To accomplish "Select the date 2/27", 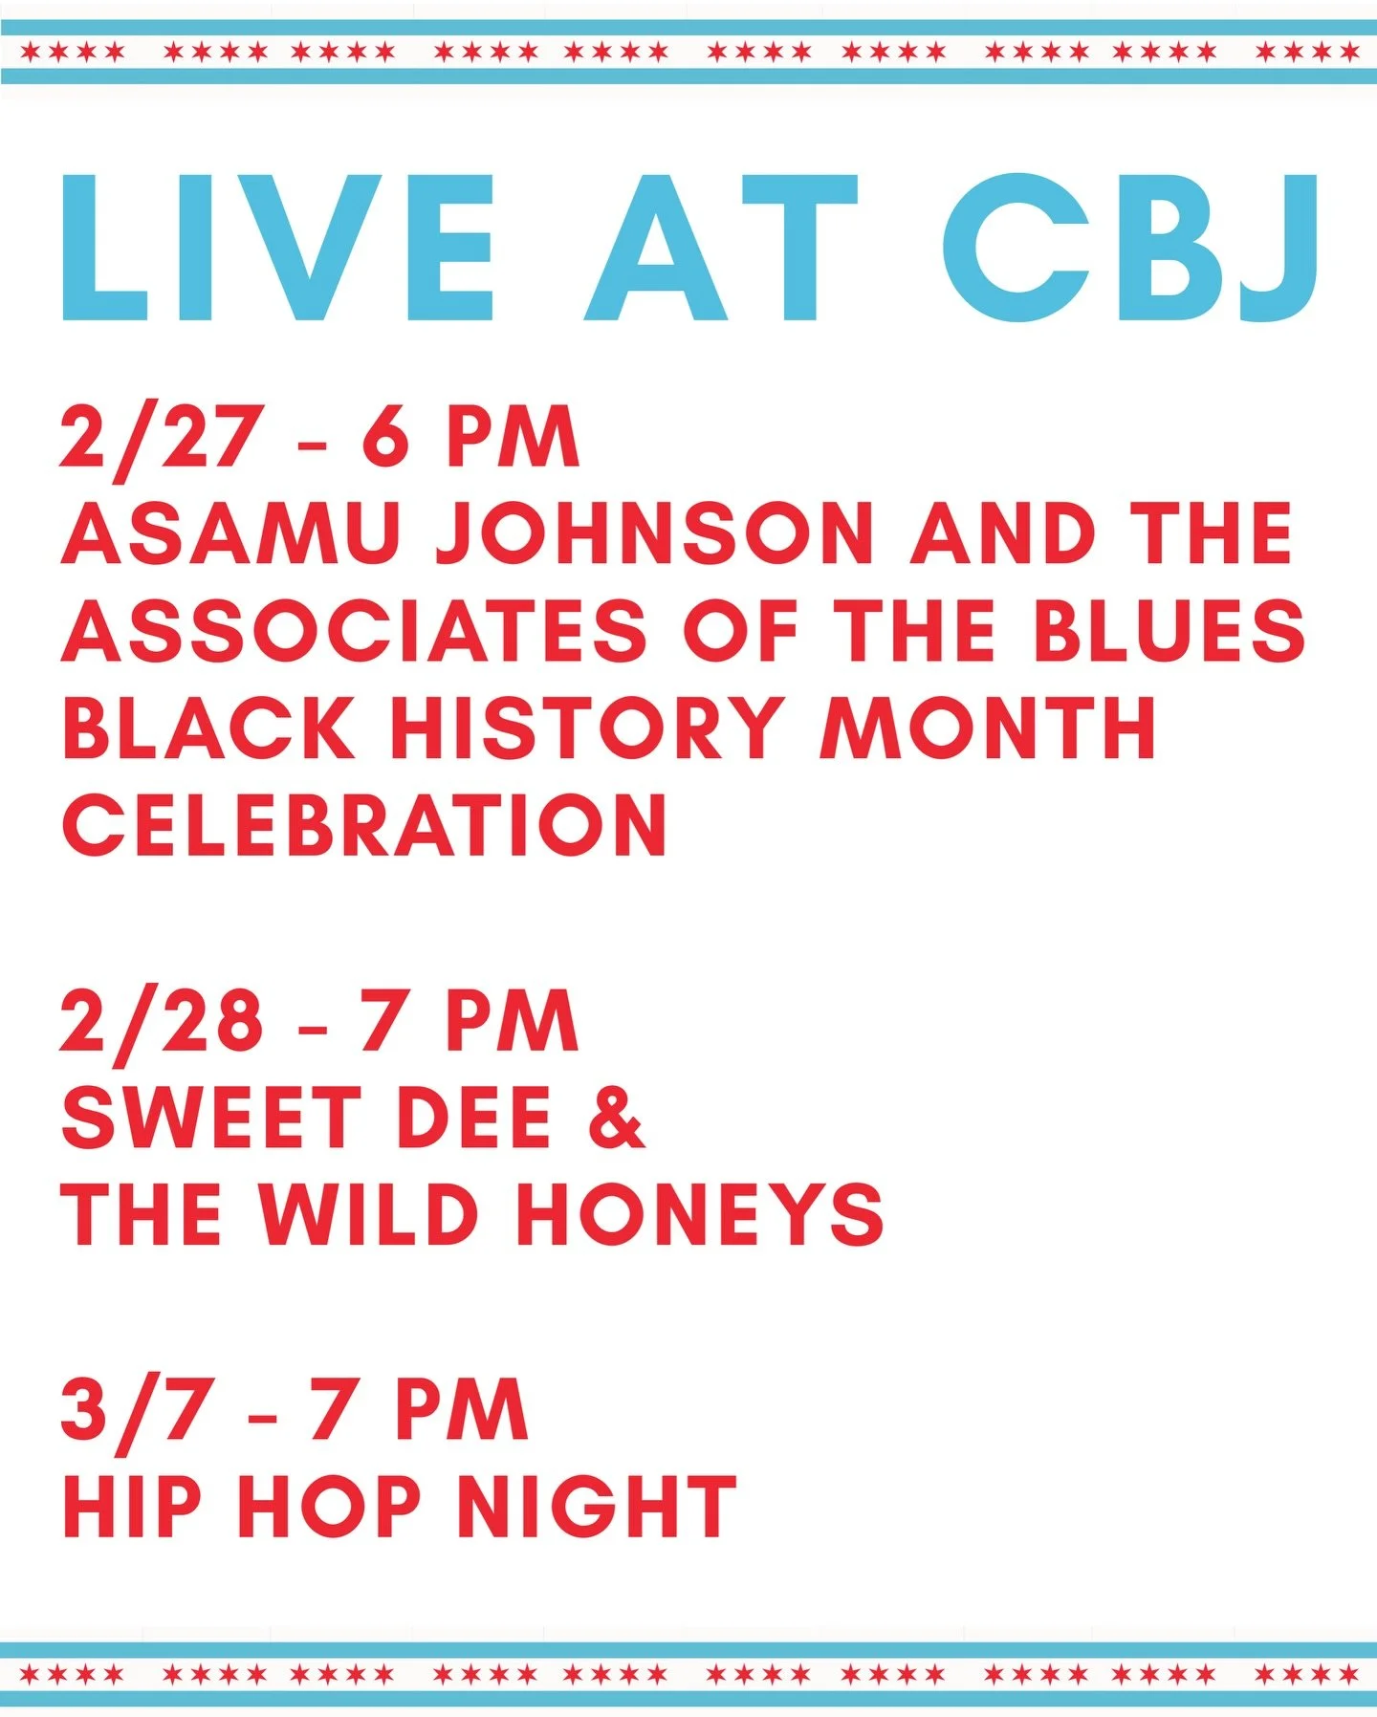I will (x=160, y=438).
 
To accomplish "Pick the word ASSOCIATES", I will (x=354, y=631).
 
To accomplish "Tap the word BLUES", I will (x=1169, y=631).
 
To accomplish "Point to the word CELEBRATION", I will (x=364, y=826).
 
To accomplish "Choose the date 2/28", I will (x=161, y=1021).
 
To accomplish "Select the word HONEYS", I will (x=699, y=1214).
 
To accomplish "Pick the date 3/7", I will (x=135, y=1410).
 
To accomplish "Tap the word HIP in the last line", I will (x=132, y=1508).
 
